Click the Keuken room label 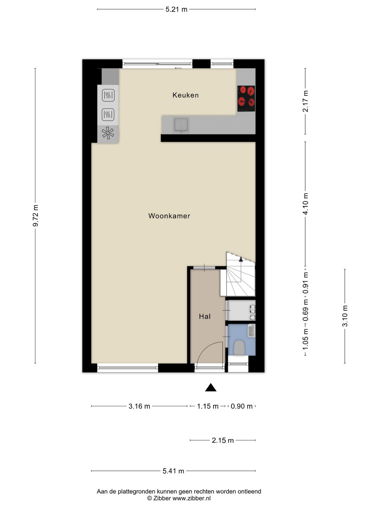point(185,95)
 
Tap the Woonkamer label point(169,216)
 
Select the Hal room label point(205,316)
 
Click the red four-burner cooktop point(246,99)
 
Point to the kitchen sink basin point(181,125)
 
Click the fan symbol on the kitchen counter point(108,133)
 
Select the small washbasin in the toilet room point(251,331)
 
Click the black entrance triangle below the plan point(211,387)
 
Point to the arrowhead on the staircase point(241,259)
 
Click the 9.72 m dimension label point(35,215)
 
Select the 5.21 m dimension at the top point(176,10)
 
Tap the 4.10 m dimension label point(305,204)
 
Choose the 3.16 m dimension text point(139,406)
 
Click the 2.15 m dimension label point(223,440)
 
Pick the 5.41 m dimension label point(173,471)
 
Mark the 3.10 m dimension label point(345,316)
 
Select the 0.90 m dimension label point(242,406)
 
